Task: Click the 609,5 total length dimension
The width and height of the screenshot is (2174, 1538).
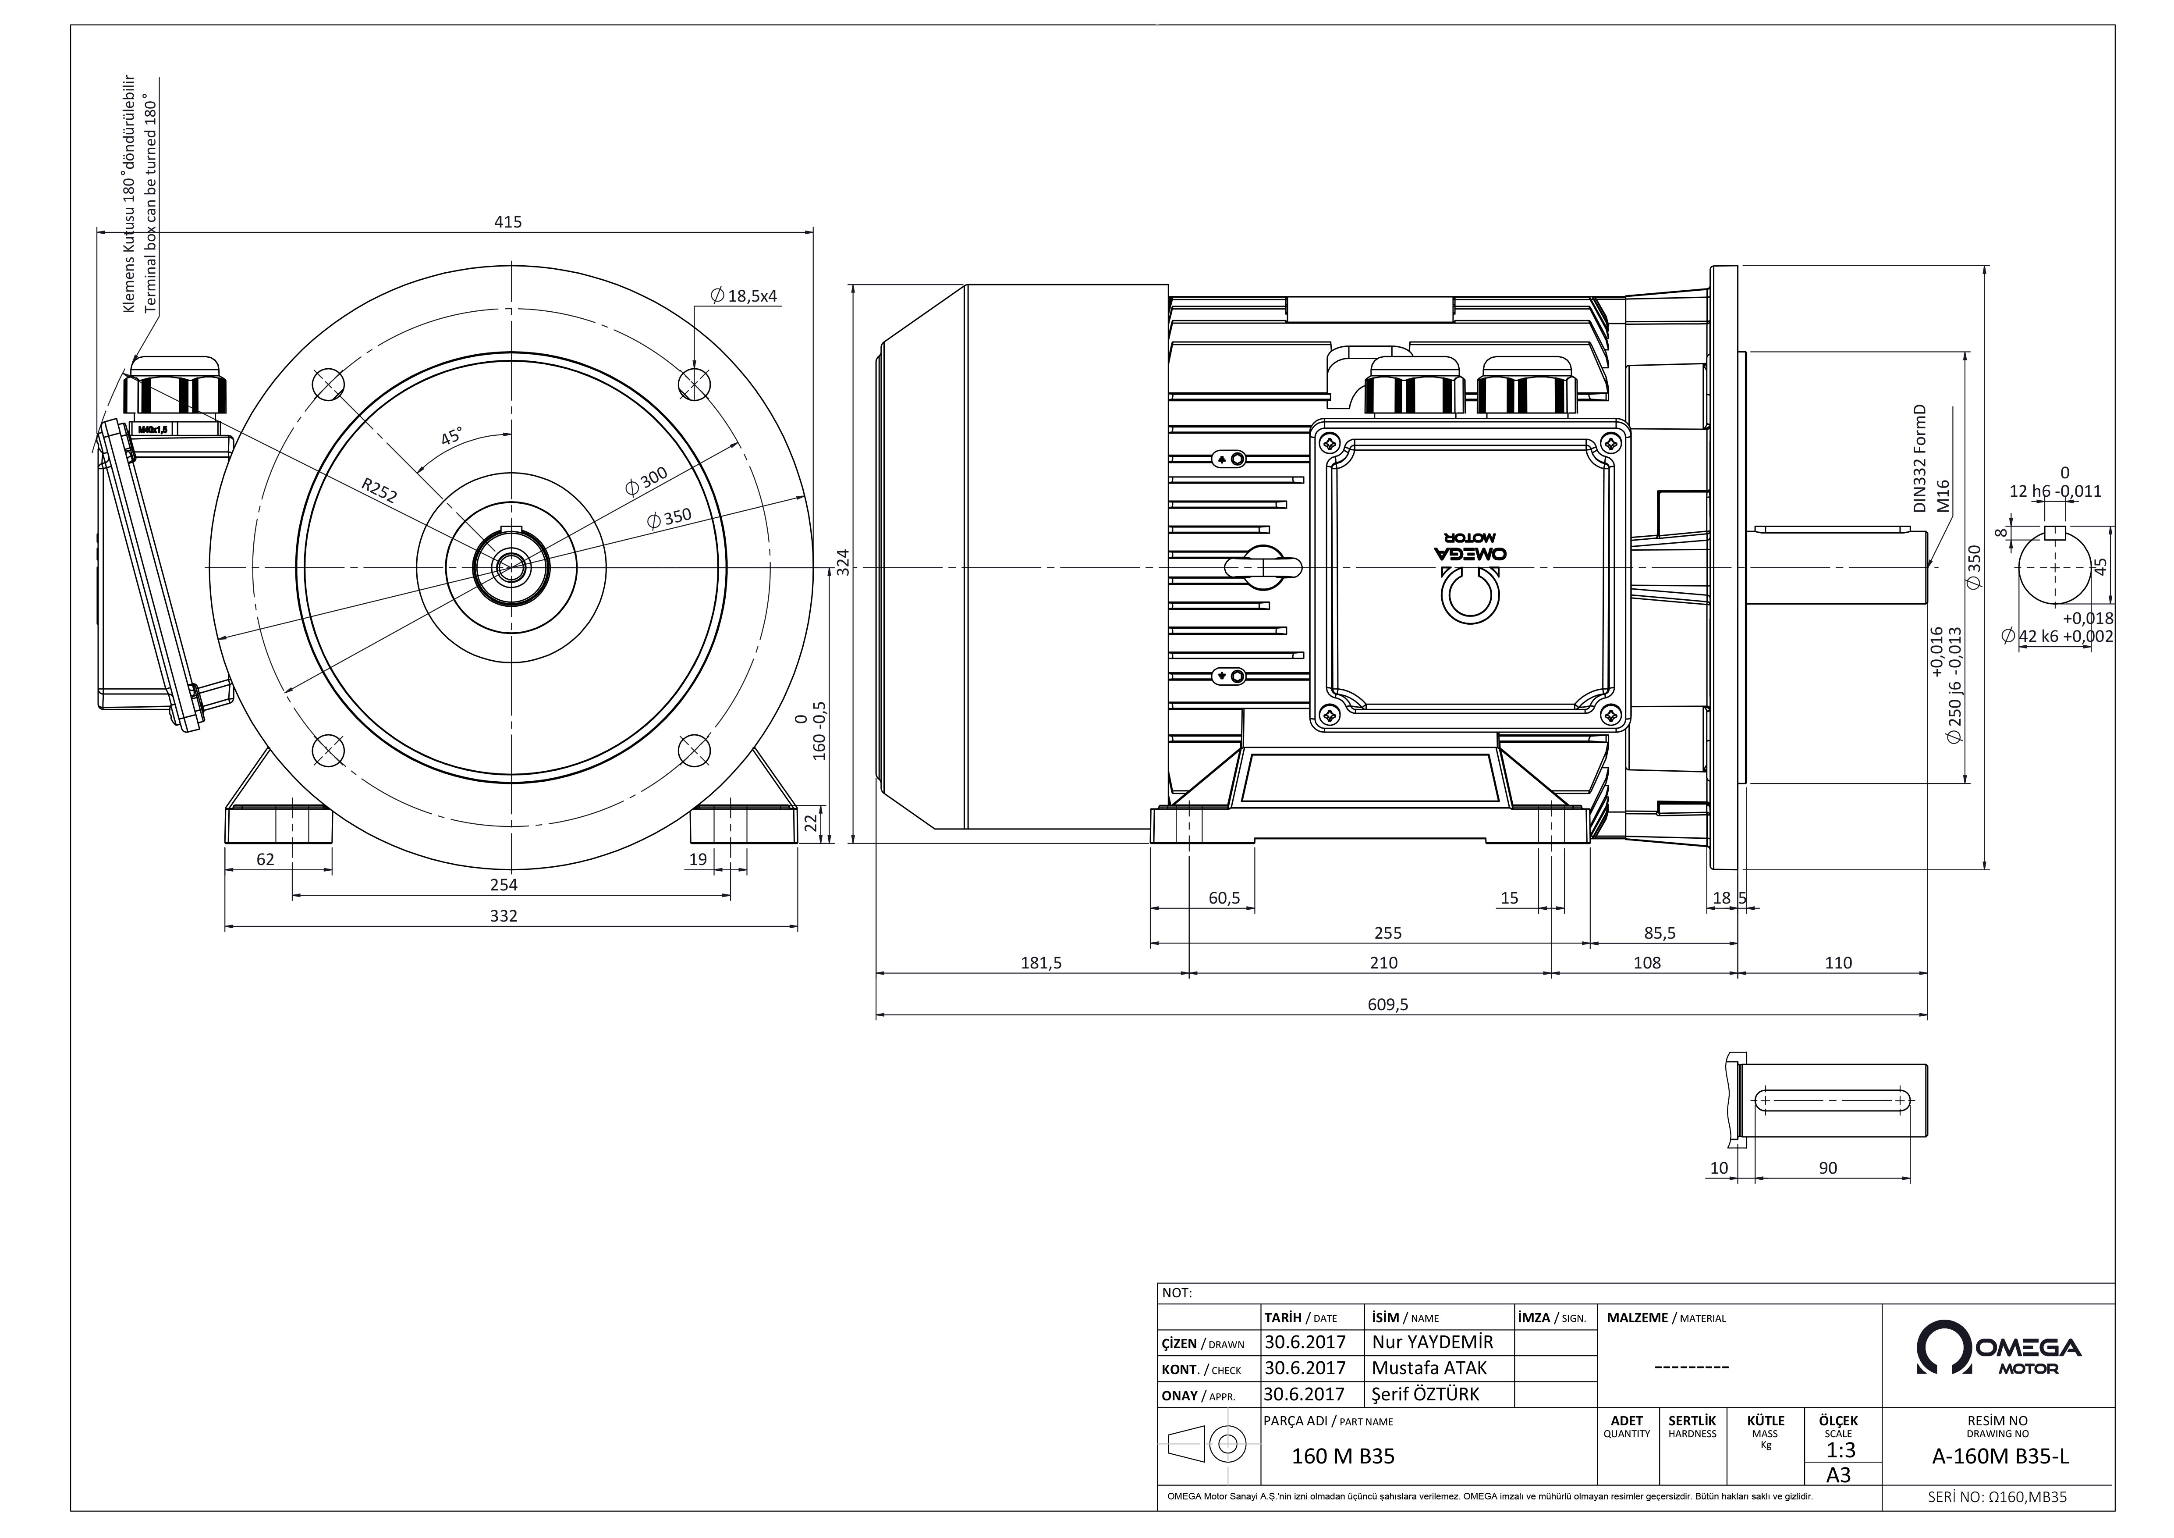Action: click(x=1388, y=1005)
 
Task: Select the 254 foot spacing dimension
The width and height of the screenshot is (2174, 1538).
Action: click(x=504, y=885)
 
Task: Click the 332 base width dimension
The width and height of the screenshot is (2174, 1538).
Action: click(x=504, y=916)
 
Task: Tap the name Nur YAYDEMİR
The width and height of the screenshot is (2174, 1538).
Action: click(x=1432, y=1342)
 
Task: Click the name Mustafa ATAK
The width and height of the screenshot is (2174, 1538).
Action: click(x=1429, y=1367)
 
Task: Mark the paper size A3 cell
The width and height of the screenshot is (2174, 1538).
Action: click(x=1838, y=1474)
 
